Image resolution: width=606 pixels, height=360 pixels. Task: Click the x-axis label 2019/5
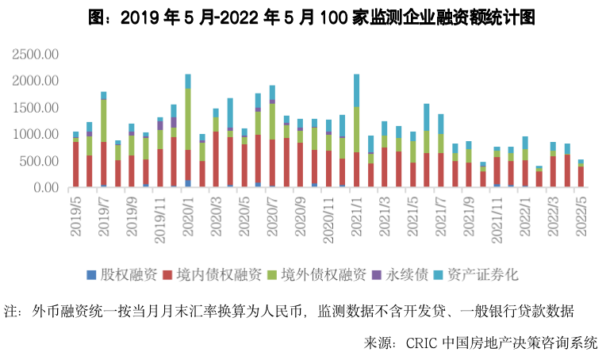(x=76, y=213)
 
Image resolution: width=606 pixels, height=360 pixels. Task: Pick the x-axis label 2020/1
(x=188, y=213)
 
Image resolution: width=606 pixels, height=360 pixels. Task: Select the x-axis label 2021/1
(x=356, y=213)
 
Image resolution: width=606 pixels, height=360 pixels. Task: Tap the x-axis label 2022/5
(x=581, y=213)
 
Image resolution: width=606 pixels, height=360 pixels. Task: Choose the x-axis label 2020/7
(x=272, y=213)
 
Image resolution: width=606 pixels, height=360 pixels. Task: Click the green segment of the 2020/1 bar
(x=188, y=119)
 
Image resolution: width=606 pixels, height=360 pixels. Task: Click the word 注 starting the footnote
(x=11, y=310)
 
